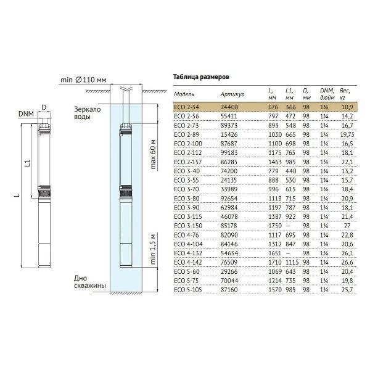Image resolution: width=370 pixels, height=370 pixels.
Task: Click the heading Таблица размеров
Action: point(201,77)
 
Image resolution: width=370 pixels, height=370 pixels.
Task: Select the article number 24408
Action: point(229,107)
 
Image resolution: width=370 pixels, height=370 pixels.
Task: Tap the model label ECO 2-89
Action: point(186,134)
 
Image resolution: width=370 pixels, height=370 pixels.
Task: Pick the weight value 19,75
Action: point(347,134)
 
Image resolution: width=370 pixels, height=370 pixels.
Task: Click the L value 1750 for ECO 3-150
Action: point(275,226)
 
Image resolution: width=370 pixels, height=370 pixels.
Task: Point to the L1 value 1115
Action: point(292,262)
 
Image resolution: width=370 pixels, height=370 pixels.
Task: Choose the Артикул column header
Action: point(232,94)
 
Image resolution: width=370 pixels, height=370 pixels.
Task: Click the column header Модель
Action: point(184,94)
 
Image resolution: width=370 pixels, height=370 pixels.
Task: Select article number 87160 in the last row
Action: point(229,290)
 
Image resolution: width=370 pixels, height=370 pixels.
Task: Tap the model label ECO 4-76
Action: point(186,235)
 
